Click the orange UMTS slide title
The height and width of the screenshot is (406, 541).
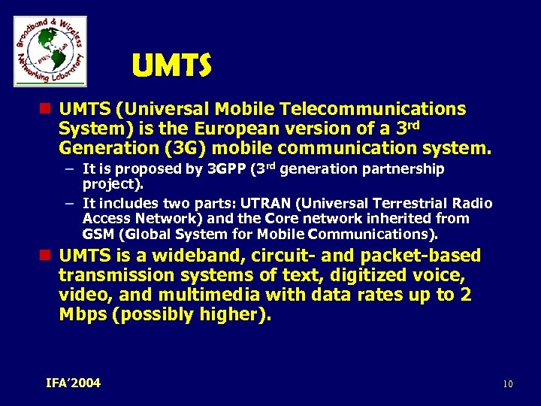tap(171, 67)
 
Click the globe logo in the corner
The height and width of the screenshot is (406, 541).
tap(50, 51)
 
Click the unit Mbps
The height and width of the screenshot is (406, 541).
tap(82, 314)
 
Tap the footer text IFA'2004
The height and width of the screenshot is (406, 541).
tap(73, 383)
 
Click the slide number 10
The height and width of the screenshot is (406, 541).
tap(508, 385)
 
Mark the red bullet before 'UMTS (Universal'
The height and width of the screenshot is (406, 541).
tap(47, 110)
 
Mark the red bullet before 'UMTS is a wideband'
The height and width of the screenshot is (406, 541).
tap(47, 256)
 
